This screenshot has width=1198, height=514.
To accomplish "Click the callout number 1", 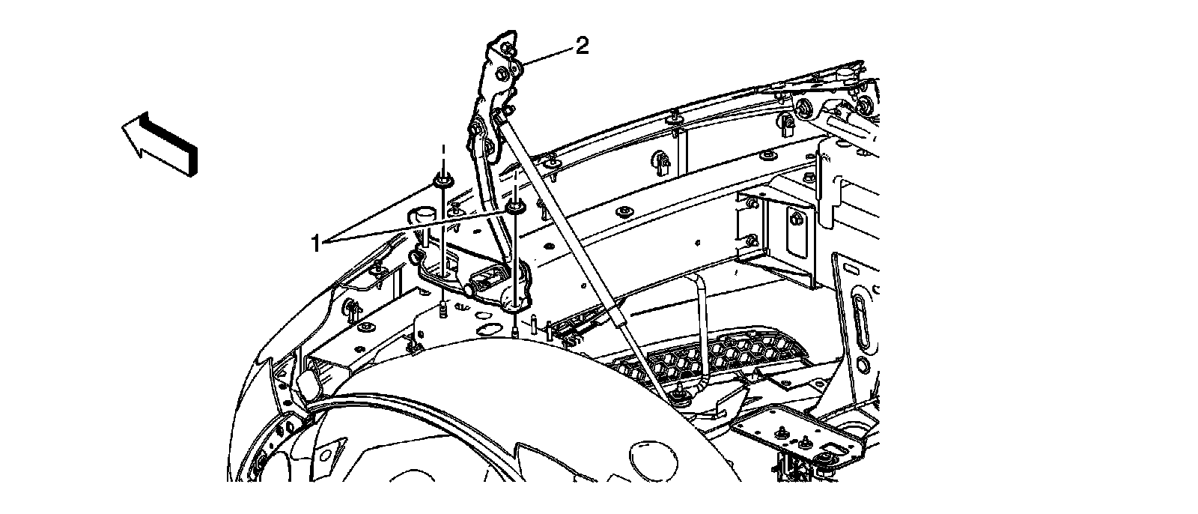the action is [x=316, y=244].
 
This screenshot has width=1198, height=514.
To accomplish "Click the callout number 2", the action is [x=581, y=47].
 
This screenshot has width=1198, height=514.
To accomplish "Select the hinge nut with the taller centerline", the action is [x=442, y=182].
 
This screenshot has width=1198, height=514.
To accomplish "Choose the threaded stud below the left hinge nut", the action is [x=443, y=308].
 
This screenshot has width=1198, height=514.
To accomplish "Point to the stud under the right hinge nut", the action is [x=516, y=328].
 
